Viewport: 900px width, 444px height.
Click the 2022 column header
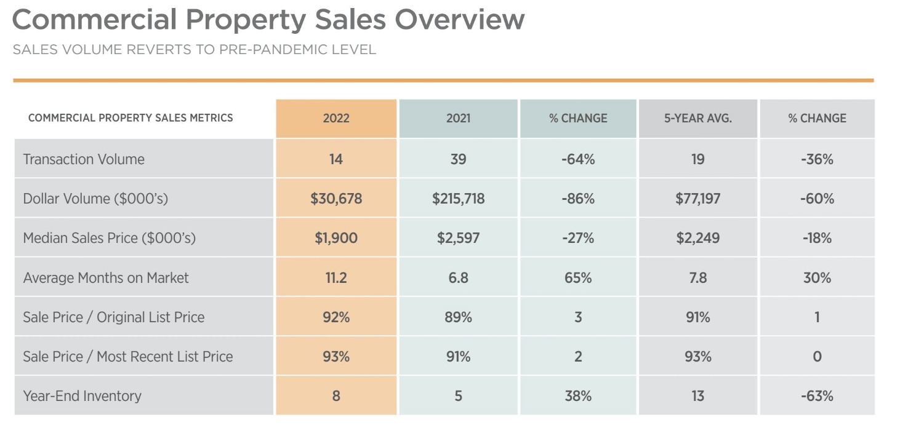335,118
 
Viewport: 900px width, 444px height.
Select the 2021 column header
458,118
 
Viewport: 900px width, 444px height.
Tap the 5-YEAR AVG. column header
697,118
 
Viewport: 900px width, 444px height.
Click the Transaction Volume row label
84,159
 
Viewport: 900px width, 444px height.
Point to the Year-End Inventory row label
82,395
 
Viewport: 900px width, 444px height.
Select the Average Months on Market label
106,277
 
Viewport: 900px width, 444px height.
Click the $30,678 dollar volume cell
336,199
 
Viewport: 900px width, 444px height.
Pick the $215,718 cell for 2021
458,199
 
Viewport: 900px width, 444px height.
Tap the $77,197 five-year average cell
697,199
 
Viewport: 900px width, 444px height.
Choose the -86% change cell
577,199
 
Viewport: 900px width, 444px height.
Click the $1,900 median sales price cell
336,238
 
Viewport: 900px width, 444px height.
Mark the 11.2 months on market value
336,277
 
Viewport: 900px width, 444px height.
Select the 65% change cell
577,277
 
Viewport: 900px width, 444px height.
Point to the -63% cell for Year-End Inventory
817,395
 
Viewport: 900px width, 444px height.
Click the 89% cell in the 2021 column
458,317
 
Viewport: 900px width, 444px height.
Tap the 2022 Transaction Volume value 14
336,159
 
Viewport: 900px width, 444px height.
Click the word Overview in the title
460,20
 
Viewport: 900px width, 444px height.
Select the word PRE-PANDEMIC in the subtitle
268,49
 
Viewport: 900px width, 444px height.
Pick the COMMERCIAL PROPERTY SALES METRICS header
131,117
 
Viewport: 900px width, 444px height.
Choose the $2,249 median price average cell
697,238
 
